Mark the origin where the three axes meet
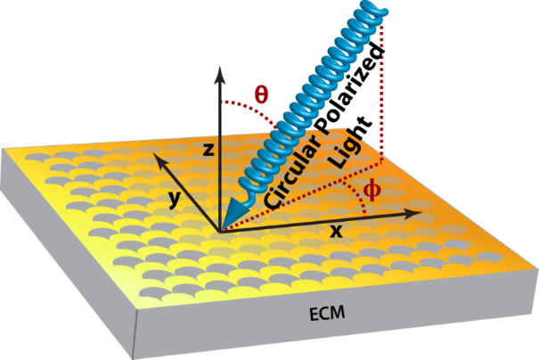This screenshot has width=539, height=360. pos(219,230)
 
